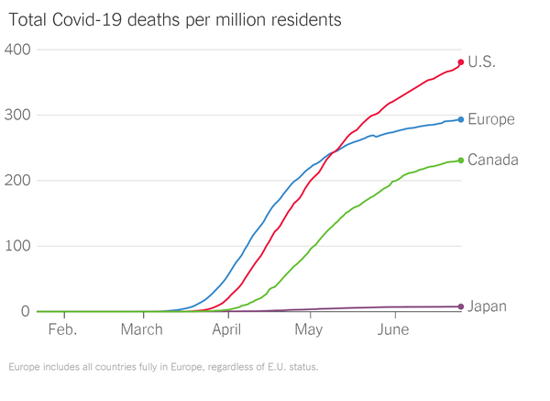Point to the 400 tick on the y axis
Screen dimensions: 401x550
tap(18, 50)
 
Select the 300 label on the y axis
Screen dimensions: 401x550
tap(18, 116)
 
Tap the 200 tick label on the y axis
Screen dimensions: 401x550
tap(18, 181)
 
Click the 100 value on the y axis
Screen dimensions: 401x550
tap(18, 247)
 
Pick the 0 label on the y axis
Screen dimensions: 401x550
tap(27, 312)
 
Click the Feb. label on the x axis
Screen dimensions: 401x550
tap(61, 329)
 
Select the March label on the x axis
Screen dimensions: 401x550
tap(142, 329)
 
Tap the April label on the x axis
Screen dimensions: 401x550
tap(227, 329)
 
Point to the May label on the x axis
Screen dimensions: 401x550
tap(309, 329)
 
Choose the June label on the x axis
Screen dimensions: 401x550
tap(393, 329)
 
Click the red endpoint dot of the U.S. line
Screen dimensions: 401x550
tap(460, 62)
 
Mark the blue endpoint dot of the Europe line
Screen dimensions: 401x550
tap(460, 119)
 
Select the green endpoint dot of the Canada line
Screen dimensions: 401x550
tap(460, 161)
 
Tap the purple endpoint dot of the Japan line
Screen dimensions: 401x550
tap(460, 306)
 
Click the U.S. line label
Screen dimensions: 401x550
tap(482, 62)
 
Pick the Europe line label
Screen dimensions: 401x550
tap(490, 119)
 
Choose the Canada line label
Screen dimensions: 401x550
tap(493, 161)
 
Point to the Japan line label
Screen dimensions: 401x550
tap(488, 306)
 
